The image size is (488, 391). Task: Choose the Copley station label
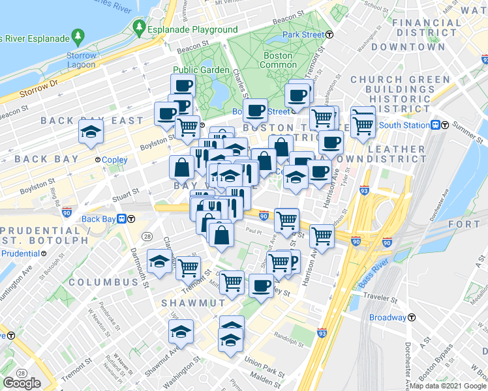114,160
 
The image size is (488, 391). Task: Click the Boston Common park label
277,60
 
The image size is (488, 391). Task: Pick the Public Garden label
201,70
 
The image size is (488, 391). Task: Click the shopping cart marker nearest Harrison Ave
322,236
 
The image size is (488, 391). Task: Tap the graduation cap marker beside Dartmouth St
159,262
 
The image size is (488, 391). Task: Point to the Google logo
22,383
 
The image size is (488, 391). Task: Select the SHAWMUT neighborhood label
193,303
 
